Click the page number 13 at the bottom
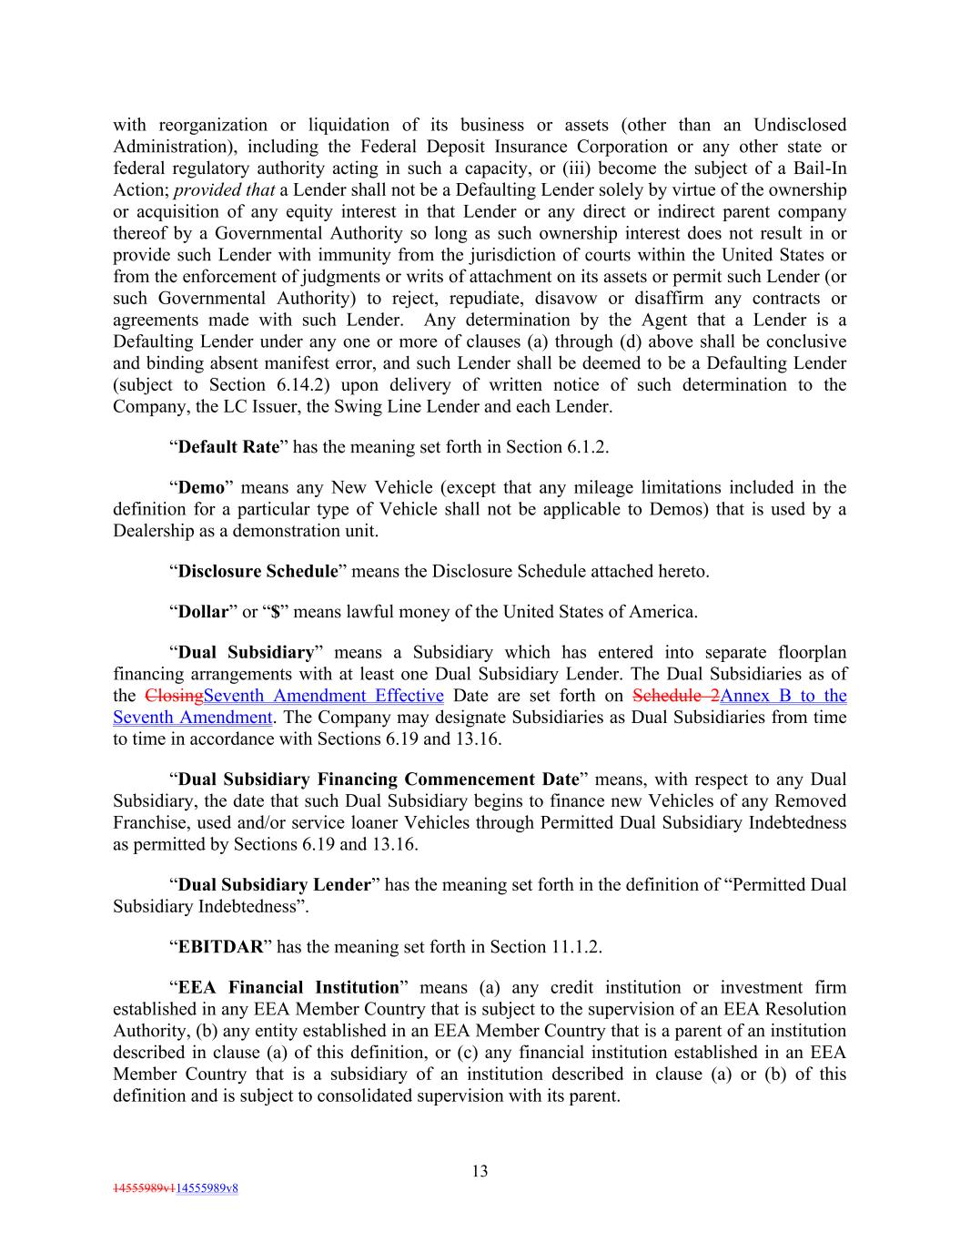pyautogui.click(x=480, y=1171)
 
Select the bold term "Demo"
pyautogui.click(x=200, y=487)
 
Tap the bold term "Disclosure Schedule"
pyautogui.click(x=258, y=571)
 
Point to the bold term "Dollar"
pyautogui.click(x=202, y=611)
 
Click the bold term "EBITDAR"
pyautogui.click(x=220, y=946)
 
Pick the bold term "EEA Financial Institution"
pyautogui.click(x=288, y=987)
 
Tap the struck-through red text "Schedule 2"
pyautogui.click(x=675, y=696)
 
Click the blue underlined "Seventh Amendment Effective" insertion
pyautogui.click(x=324, y=696)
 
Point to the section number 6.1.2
pyautogui.click(x=584, y=446)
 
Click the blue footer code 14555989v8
pyautogui.click(x=207, y=1188)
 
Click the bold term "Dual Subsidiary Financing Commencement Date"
pyautogui.click(x=379, y=779)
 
